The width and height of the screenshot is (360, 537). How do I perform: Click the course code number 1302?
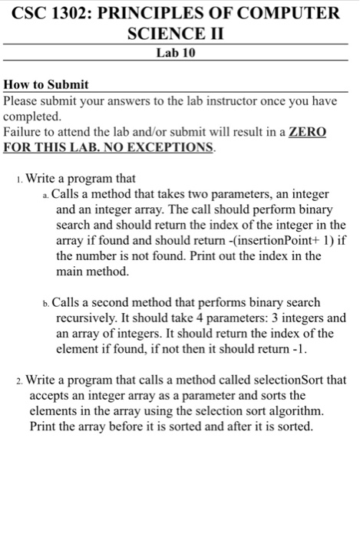click(x=78, y=13)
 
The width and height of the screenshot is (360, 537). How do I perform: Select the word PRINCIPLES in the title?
click(x=160, y=13)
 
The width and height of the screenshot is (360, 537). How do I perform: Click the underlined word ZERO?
click(x=307, y=132)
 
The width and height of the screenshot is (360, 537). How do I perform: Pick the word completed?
click(x=31, y=116)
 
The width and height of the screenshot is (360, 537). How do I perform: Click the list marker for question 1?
click(x=19, y=180)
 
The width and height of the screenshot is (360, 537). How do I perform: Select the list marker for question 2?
click(x=19, y=380)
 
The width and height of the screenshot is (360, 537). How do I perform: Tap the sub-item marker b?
click(x=48, y=303)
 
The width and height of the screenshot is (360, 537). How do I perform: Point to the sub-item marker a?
click(x=48, y=196)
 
